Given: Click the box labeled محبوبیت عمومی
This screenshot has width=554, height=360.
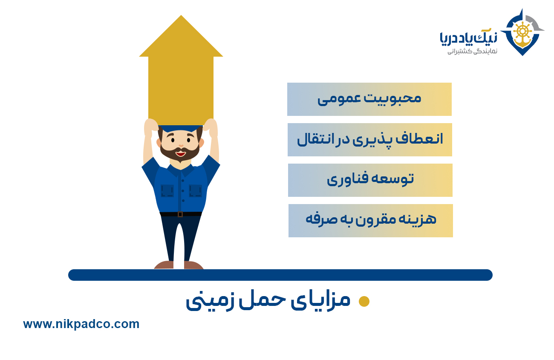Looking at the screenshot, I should point(369,99).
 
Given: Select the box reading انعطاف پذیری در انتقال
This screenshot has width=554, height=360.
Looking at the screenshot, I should point(369,140).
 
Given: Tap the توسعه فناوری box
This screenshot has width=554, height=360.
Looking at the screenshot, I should point(370,180).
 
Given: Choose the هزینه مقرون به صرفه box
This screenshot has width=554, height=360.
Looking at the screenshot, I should point(370,221).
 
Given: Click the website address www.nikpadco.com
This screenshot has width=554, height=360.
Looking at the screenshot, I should point(81,324).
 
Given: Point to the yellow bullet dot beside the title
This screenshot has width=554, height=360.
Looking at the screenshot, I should point(364,301).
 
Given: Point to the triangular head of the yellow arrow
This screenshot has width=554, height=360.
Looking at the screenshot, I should point(181,38).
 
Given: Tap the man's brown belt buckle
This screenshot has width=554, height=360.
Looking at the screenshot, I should point(180,214).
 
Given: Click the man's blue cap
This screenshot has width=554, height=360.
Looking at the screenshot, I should point(181,128).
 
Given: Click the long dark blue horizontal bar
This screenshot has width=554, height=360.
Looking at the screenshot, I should point(280,275).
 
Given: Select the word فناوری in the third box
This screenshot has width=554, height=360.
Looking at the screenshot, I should point(345,180).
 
